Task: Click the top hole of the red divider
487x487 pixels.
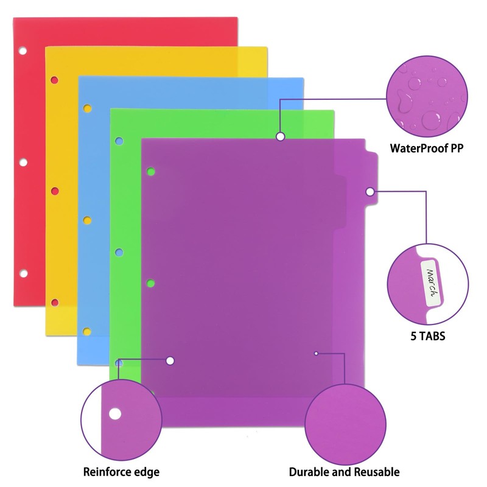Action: pyautogui.click(x=23, y=50)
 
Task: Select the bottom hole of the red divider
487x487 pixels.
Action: pyautogui.click(x=23, y=273)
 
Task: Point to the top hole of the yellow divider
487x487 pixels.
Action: pyautogui.click(x=55, y=79)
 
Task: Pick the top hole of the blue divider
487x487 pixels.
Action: pyautogui.click(x=87, y=109)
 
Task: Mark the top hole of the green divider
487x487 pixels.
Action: pyautogui.click(x=119, y=141)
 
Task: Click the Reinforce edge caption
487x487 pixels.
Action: pyautogui.click(x=122, y=472)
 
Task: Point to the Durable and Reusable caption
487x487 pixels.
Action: pyautogui.click(x=344, y=472)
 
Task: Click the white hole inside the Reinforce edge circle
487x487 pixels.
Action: pyautogui.click(x=114, y=415)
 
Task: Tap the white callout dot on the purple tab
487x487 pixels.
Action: pyautogui.click(x=370, y=192)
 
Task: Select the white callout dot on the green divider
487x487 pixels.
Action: pyautogui.click(x=280, y=136)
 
